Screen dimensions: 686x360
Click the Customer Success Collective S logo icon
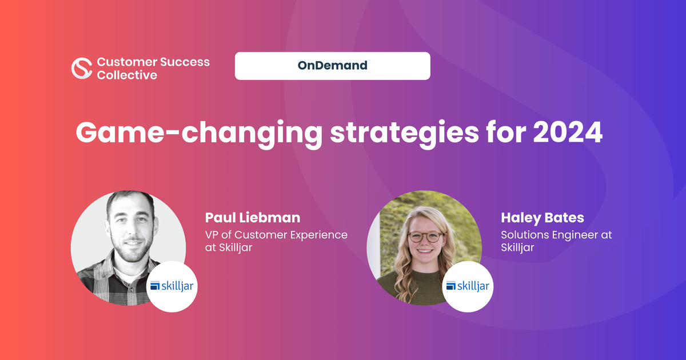coord(82,68)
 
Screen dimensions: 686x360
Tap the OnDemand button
coord(332,66)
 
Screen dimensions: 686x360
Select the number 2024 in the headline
coord(568,132)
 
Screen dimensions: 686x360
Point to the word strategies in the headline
coord(404,134)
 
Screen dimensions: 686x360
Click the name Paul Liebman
coord(253,218)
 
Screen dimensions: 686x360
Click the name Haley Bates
coord(543,218)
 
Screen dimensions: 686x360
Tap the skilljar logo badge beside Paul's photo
coord(172,286)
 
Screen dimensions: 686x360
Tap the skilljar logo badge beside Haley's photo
coord(468,286)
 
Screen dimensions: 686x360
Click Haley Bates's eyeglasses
coord(426,237)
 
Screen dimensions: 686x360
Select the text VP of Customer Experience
coord(276,235)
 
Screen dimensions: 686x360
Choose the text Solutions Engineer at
coord(556,235)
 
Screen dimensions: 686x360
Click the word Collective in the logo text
coord(127,75)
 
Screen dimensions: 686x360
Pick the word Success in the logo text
coord(185,62)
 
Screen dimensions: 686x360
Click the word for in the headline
coord(506,132)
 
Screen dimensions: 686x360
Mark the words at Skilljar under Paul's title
coord(229,247)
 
